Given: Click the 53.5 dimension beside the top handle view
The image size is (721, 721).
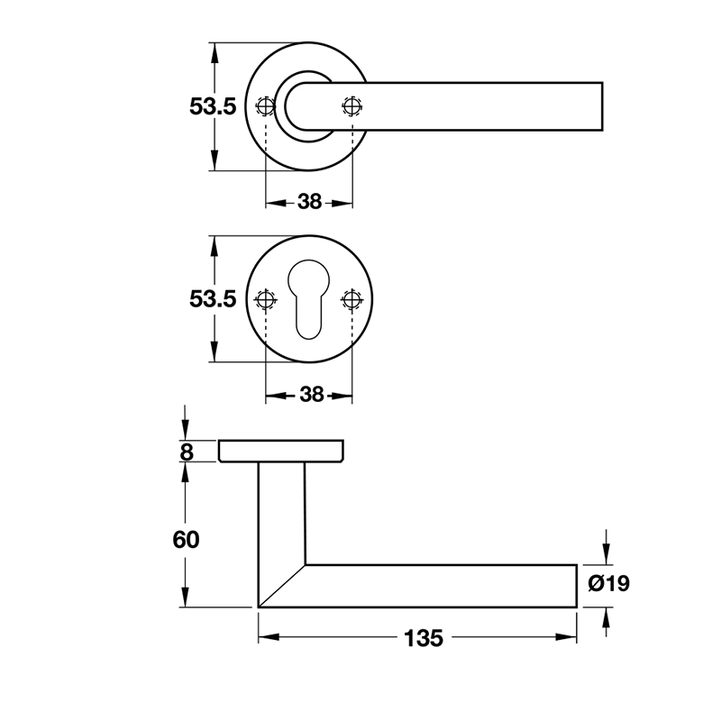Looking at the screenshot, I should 213,106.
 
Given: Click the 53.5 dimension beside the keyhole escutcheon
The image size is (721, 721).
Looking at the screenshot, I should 213,298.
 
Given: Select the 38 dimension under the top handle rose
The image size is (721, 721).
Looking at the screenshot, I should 309,202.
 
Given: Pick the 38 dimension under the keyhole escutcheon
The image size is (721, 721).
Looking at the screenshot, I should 309,394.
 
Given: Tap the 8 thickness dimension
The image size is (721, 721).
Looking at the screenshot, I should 187,452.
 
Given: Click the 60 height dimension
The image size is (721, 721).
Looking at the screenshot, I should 185,540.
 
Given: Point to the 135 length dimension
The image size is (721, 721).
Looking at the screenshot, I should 423,638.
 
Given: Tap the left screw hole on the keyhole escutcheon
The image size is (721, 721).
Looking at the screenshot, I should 266,298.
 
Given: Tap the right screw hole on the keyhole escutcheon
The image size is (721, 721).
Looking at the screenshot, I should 351,298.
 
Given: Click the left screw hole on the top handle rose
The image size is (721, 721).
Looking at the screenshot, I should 265,106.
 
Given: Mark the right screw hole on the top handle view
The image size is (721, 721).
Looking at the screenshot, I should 351,106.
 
